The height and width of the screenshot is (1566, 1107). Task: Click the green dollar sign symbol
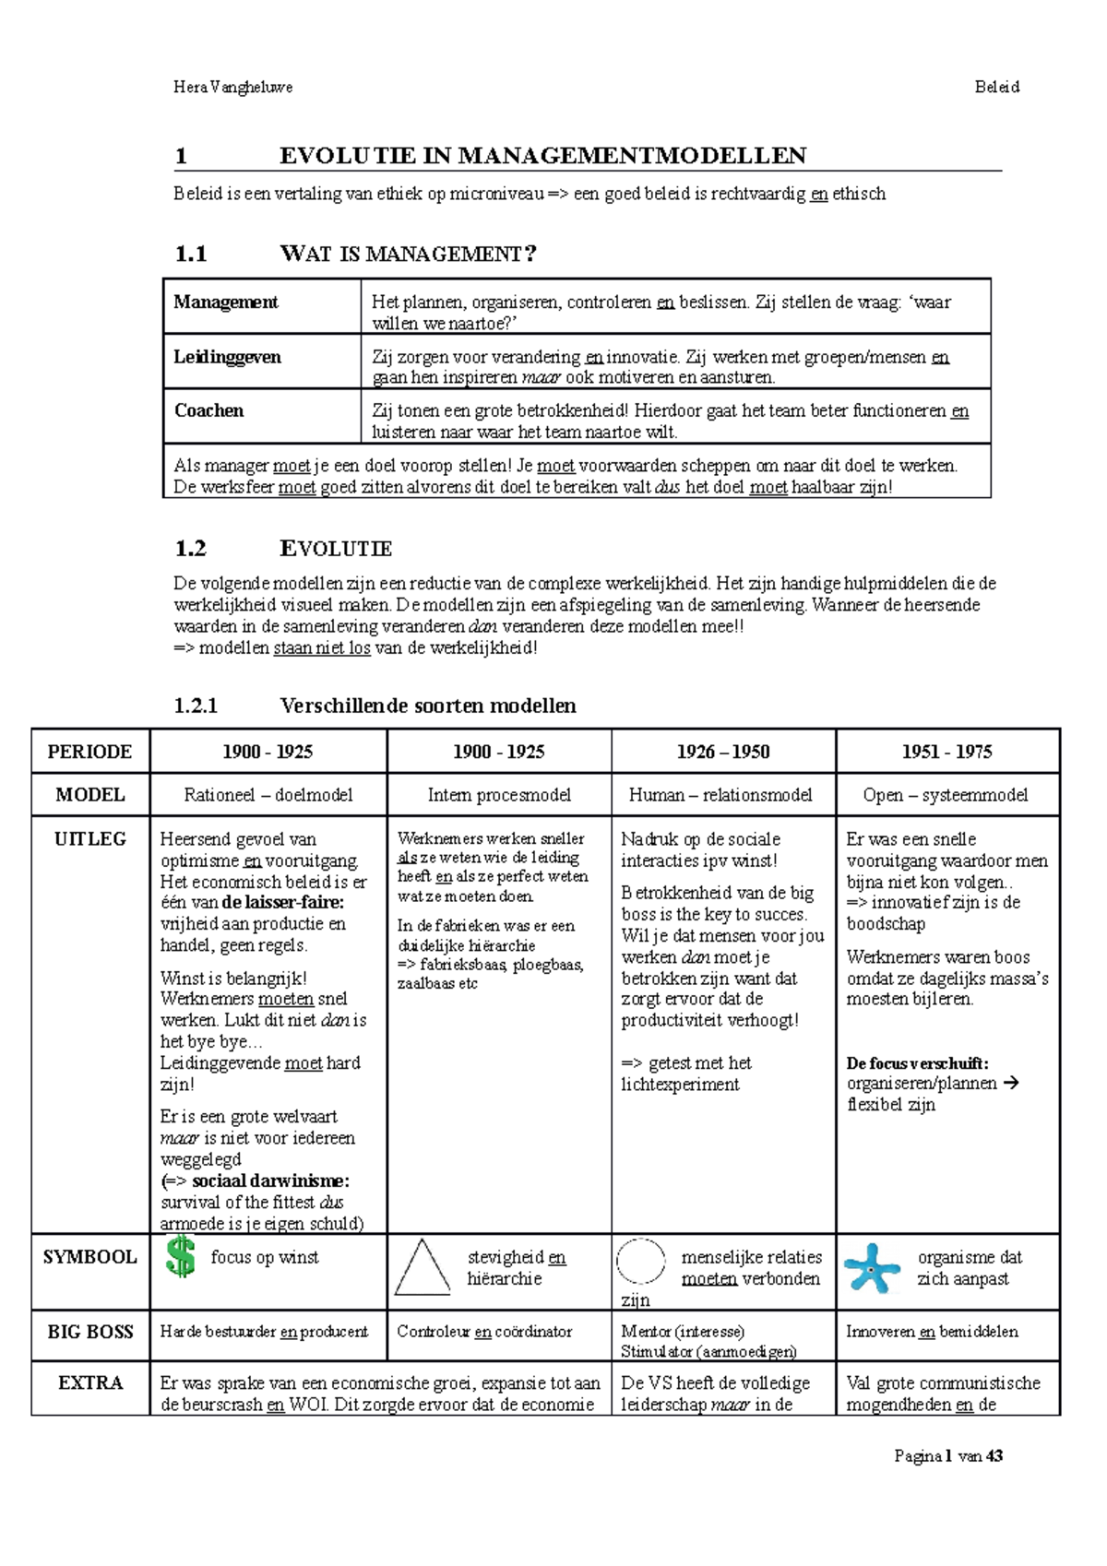point(181,1258)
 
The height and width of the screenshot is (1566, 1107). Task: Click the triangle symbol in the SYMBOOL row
point(422,1269)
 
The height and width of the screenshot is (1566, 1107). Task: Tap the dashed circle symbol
point(640,1262)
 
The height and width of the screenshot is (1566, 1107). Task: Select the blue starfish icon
point(871,1268)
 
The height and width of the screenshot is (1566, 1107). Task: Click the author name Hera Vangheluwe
point(233,88)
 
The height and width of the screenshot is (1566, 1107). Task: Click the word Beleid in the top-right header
point(996,88)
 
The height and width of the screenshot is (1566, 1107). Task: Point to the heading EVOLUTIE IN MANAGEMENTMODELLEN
point(542,156)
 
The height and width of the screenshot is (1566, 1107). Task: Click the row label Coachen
point(209,411)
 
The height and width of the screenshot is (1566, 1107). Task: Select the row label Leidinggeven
point(227,358)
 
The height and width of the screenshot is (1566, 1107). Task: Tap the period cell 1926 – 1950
point(723,752)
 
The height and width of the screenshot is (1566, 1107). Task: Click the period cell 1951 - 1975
point(947,752)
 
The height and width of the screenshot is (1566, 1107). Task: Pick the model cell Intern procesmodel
point(499,795)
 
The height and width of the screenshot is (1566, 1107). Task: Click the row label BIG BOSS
point(90,1333)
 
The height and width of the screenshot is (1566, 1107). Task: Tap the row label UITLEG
point(90,839)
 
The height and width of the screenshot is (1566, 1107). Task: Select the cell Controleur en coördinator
point(484,1332)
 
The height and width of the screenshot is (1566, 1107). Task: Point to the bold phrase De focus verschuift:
point(917,1063)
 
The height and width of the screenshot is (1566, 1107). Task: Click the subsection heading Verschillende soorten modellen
point(428,706)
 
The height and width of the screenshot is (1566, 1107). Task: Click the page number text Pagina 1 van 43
point(948,1457)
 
